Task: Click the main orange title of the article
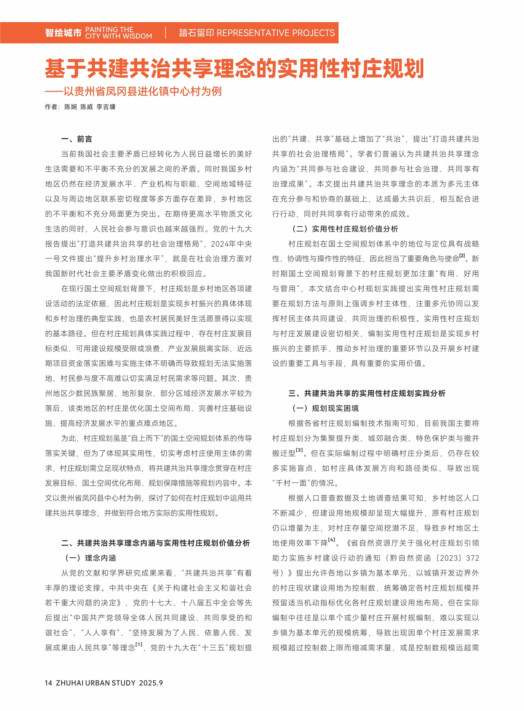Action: click(234, 69)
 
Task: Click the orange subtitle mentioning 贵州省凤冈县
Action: click(133, 91)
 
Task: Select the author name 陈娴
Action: click(71, 107)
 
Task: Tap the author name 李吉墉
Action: click(106, 107)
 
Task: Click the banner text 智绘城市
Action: click(63, 33)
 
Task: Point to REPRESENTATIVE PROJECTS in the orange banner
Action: click(276, 33)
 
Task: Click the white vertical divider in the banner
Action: click(166, 33)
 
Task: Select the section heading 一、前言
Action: click(77, 139)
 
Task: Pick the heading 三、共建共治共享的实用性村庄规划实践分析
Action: click(367, 394)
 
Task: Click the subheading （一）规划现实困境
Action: click(325, 409)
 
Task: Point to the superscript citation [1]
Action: click(139, 645)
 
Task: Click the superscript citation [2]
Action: click(462, 256)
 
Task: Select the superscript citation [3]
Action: click(299, 450)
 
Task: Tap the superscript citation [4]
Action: click(332, 540)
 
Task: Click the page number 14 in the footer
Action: click(49, 683)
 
